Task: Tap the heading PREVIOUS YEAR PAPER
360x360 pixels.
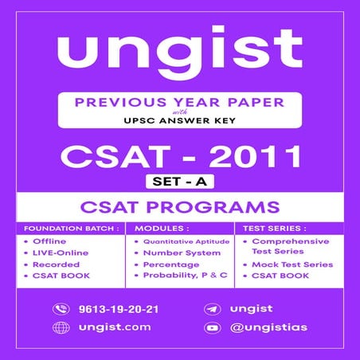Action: click(179, 103)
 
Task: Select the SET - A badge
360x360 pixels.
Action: click(179, 182)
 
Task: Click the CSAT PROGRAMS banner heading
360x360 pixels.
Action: click(179, 209)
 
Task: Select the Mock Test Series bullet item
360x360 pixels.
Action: click(293, 264)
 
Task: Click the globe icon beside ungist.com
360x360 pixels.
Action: click(61, 327)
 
